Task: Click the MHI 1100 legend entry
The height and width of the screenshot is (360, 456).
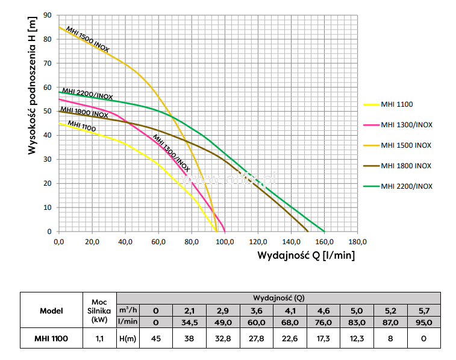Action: [396, 104]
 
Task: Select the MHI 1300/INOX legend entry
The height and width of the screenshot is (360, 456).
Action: [407, 125]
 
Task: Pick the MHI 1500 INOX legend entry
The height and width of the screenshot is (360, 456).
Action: [406, 145]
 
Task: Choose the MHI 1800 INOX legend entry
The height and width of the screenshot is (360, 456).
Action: [406, 166]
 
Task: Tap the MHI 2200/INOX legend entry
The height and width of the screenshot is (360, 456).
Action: [407, 186]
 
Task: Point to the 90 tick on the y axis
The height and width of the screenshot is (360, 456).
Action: [48, 14]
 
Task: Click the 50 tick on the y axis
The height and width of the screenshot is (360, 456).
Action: [48, 111]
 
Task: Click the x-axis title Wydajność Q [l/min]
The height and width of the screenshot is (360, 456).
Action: [306, 255]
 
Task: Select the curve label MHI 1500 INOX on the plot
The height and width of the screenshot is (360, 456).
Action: [87, 40]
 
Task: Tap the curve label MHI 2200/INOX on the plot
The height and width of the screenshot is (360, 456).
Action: [87, 95]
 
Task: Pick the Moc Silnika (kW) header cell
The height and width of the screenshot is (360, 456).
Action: [99, 311]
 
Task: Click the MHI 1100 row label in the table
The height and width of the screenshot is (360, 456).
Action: [51, 339]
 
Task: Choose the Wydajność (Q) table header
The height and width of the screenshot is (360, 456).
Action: [283, 297]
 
